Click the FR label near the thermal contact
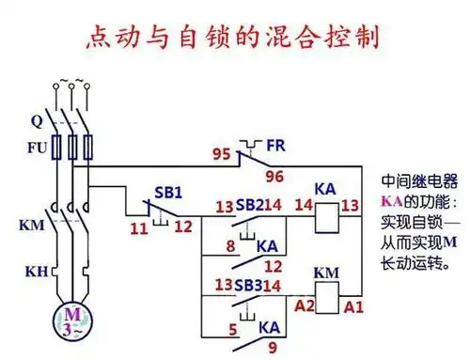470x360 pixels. click(275, 147)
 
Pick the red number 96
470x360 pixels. click(274, 176)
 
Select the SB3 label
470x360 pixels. click(249, 285)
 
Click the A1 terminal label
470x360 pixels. click(352, 306)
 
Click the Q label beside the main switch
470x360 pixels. click(38, 120)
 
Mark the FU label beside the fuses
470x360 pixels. click(35, 148)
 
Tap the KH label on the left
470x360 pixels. click(35, 272)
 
